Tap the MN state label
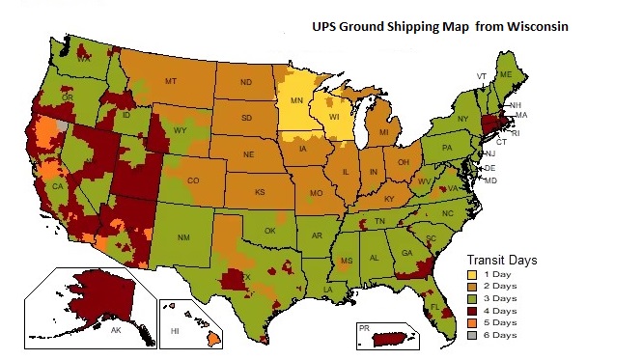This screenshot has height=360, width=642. coord(297,99)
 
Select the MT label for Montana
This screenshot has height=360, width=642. coord(175,80)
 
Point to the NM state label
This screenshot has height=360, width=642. coord(184,236)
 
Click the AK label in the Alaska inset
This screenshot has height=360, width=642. coord(115,329)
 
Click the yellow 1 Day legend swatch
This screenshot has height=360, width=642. coord(462,276)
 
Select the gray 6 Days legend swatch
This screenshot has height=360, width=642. coord(462,334)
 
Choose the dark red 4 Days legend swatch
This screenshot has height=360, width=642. coord(462,311)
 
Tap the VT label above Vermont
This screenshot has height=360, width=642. coord(481,75)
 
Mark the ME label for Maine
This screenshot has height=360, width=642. coord(505,73)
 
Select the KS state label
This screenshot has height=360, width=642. coord(259,192)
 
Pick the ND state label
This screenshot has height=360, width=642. coord(245,82)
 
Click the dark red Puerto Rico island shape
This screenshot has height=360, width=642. coord(392,339)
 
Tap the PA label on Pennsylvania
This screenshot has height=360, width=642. coord(446,148)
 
